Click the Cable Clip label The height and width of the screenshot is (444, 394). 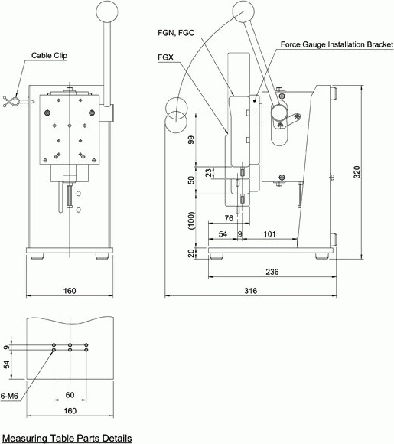click(x=49, y=55)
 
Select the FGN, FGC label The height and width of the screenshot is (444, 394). click(x=176, y=33)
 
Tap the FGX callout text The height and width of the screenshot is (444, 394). click(x=165, y=57)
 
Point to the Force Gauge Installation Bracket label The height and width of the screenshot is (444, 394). click(x=337, y=44)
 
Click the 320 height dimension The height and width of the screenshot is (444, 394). click(x=357, y=172)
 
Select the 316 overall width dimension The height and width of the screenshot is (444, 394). click(x=251, y=291)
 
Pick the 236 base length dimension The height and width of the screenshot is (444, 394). click(x=272, y=272)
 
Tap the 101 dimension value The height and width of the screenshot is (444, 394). click(x=269, y=234)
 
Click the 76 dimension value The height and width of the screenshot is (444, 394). click(x=229, y=218)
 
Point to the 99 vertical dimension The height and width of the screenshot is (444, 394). click(x=191, y=140)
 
